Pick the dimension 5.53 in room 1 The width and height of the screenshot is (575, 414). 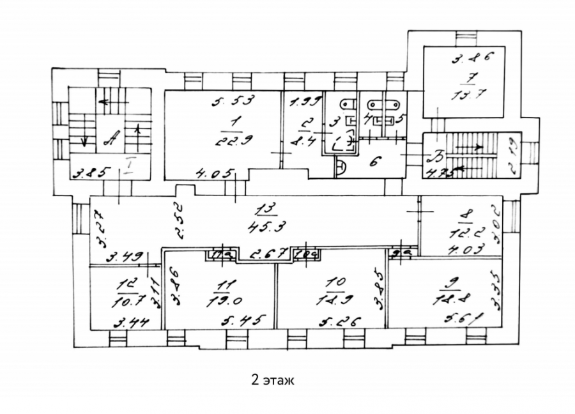(233, 100)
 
